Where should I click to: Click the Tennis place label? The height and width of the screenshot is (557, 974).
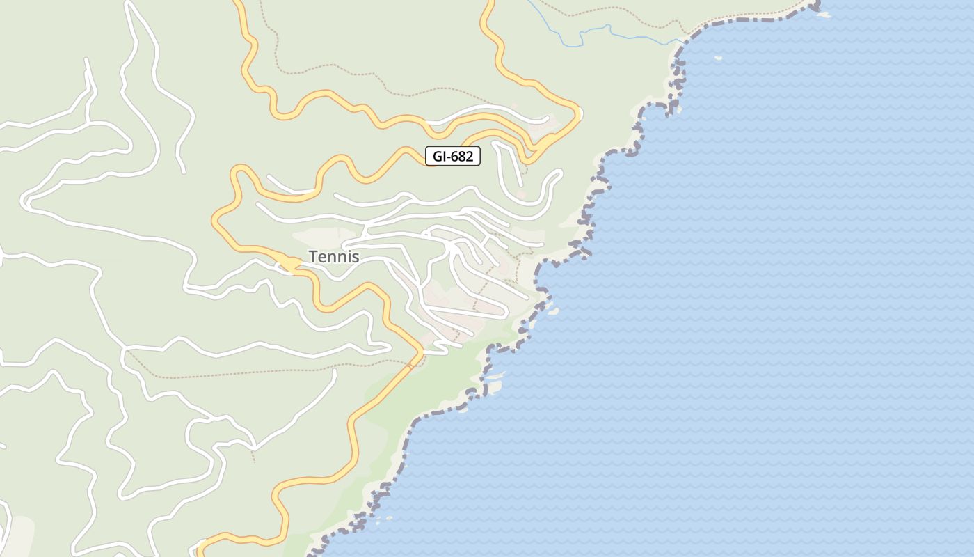(x=334, y=257)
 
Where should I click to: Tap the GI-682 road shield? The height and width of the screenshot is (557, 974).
(x=453, y=156)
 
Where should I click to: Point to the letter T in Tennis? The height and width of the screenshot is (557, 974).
(x=313, y=257)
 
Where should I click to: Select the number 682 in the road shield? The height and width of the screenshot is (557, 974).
(x=461, y=156)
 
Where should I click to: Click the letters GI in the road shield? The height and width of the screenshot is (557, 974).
(x=439, y=156)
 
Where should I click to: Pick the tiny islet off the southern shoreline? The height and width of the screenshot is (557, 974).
(x=388, y=518)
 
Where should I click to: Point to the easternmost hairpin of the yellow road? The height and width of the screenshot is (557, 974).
(x=577, y=111)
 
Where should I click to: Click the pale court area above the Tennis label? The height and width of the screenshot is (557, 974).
(x=327, y=235)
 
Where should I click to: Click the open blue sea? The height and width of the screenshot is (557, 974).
(x=765, y=313)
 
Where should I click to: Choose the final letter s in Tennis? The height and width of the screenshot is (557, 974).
(x=356, y=257)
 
